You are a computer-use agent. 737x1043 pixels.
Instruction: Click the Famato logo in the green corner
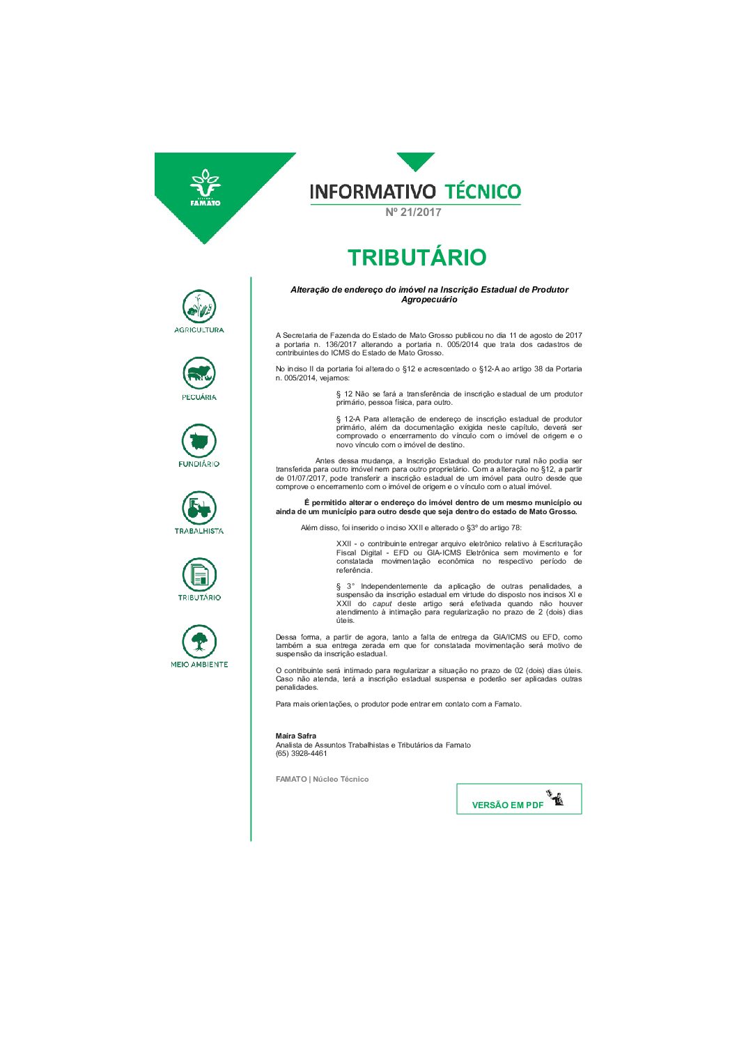pos(205,187)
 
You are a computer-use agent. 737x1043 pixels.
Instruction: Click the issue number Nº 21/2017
pos(414,213)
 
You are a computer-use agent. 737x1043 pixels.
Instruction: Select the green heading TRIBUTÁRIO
pos(417,257)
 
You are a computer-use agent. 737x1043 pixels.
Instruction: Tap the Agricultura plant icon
pos(199,307)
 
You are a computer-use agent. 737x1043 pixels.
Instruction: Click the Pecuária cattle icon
pos(199,373)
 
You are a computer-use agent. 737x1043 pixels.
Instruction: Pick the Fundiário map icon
pos(199,440)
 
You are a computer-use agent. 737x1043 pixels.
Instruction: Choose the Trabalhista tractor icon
pos(199,508)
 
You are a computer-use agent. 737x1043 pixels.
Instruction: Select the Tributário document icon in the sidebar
pos(199,575)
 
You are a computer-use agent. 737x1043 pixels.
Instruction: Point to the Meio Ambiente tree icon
pos(199,641)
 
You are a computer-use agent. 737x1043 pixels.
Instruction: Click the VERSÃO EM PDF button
pos(519,799)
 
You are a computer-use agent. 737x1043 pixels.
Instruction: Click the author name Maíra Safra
pos(296,736)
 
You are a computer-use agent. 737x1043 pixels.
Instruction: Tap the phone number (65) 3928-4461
pos(301,753)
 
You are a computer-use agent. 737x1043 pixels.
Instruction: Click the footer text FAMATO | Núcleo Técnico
pos(322,779)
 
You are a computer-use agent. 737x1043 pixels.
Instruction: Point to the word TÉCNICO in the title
pos(483,192)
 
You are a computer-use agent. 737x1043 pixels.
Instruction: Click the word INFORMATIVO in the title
pos(373,192)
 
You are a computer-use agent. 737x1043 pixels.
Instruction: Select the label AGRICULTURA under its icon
pos(199,330)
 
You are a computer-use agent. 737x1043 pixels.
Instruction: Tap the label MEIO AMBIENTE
pos(199,665)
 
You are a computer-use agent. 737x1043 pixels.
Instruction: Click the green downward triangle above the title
pos(416,160)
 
